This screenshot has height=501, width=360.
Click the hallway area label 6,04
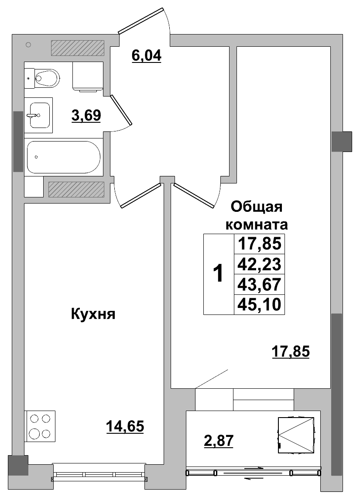pos(147,56)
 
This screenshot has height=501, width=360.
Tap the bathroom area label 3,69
pos(86,115)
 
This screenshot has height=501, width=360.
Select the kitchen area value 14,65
pos(125,425)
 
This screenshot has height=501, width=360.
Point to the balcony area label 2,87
pos(219,441)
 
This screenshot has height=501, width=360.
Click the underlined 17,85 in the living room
pos(290,351)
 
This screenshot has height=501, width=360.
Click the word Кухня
pos(93,314)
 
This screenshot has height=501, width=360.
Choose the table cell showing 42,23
pos(259,264)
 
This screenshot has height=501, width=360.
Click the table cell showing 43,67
pos(259,284)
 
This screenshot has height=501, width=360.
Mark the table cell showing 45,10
pos(259,304)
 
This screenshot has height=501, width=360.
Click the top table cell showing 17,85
pos(259,244)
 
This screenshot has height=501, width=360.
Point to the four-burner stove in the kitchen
pos(40,426)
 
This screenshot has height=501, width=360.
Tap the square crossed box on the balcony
pos(296,435)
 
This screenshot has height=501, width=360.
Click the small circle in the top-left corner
pos(28,44)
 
